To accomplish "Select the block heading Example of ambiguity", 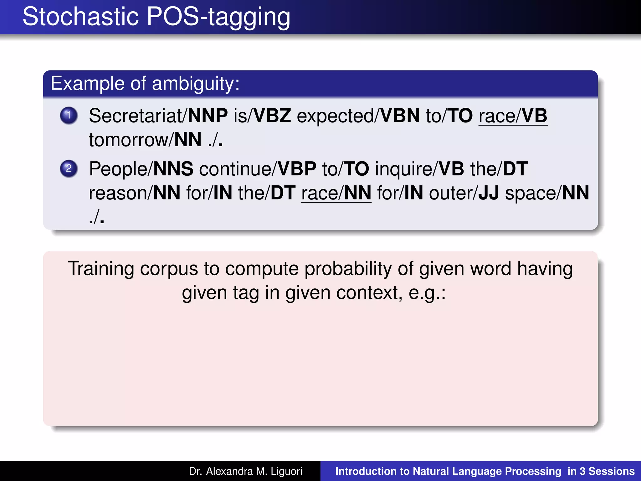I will point(145,84).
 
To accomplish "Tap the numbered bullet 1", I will point(69,115).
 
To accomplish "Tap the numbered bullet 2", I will point(69,168).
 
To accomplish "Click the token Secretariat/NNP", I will point(158,116).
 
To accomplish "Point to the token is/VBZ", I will point(262,116).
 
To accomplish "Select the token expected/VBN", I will point(358,116).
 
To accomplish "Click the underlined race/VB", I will point(513,116).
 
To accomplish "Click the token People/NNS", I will point(141,169).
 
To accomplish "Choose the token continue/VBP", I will point(258,169).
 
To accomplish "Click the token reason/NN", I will point(135,193).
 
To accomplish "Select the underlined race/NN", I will point(336,193).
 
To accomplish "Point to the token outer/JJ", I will point(464,193).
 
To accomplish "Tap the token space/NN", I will point(547,193).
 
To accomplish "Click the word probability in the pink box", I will point(348,269).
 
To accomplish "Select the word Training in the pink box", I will point(101,269).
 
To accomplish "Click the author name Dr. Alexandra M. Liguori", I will point(245,471).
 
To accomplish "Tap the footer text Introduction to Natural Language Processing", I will point(448,471).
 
